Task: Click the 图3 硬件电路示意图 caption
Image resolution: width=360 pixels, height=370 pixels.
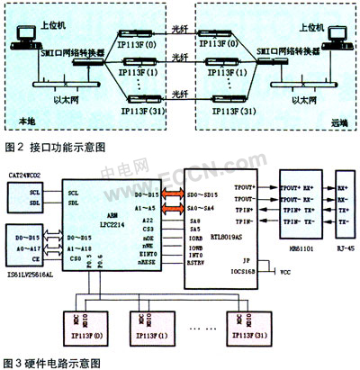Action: [54, 363]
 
